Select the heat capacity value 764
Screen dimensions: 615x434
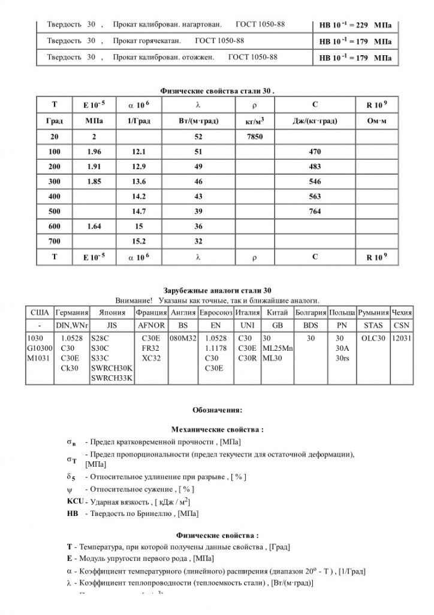pos(315,211)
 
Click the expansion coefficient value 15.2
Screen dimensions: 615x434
pos(139,241)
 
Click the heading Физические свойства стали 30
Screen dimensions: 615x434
pos(217,90)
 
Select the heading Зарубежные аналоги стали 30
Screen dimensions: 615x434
pos(217,291)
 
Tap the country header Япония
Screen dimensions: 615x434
pos(111,313)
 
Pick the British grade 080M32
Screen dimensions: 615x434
pos(183,339)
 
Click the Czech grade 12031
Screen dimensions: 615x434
pos(401,339)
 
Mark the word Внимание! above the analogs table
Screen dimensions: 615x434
pos(132,300)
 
